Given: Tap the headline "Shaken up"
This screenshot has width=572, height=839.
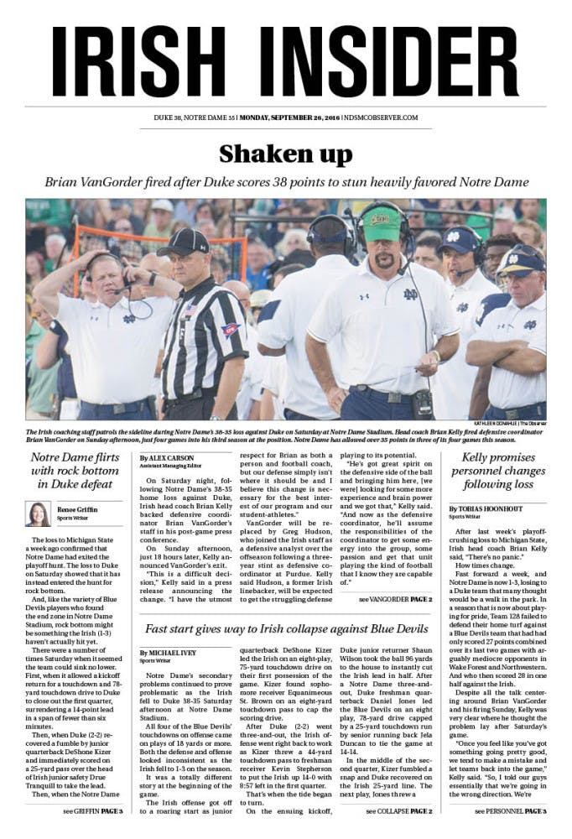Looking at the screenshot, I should pyautogui.click(x=285, y=154).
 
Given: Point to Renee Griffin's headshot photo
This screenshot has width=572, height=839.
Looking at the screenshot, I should pyautogui.click(x=39, y=513).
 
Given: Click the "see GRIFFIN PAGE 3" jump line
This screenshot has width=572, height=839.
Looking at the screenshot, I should pyautogui.click(x=92, y=810).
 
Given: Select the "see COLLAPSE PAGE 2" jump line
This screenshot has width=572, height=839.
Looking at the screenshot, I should pyautogui.click(x=398, y=811).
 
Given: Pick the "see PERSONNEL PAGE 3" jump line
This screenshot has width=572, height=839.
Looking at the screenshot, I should pyautogui.click(x=510, y=811).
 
